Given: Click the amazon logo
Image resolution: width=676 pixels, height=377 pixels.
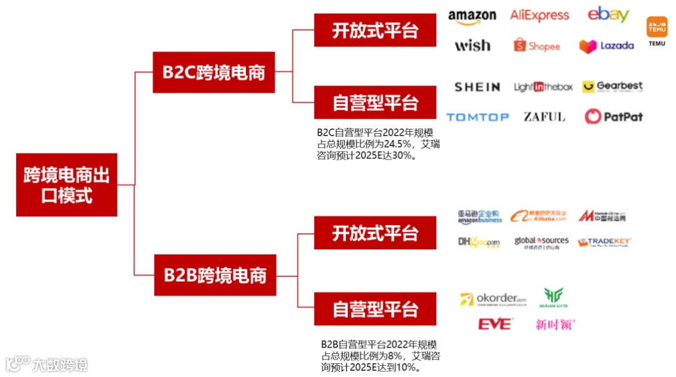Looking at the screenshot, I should pyautogui.click(x=472, y=17).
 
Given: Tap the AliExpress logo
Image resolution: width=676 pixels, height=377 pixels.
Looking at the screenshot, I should pyautogui.click(x=540, y=16).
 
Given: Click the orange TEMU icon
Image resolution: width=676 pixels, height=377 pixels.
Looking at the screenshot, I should pyautogui.click(x=657, y=28).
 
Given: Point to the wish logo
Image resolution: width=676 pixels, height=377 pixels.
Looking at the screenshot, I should pyautogui.click(x=473, y=46).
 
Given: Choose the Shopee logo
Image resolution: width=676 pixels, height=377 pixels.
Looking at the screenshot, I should pyautogui.click(x=536, y=46).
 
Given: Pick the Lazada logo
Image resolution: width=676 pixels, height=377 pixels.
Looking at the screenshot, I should pyautogui.click(x=606, y=46).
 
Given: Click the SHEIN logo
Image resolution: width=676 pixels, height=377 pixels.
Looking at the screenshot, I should pyautogui.click(x=477, y=87).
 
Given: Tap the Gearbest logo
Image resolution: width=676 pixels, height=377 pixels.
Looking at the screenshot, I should pyautogui.click(x=612, y=86).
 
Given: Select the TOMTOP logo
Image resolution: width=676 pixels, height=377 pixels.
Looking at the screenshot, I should pyautogui.click(x=477, y=117).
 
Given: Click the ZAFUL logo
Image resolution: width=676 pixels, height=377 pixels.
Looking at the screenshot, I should pyautogui.click(x=544, y=117).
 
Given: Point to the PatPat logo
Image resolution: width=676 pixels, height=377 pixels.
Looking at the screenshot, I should pyautogui.click(x=613, y=116).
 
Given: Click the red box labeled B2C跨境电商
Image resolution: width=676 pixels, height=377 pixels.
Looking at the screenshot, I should pyautogui.click(x=213, y=73).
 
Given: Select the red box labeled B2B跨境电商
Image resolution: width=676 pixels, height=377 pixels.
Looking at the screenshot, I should pyautogui.click(x=215, y=275).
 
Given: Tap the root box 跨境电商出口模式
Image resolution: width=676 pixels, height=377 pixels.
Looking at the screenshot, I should pyautogui.click(x=66, y=185).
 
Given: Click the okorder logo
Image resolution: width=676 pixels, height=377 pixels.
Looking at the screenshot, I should pyautogui.click(x=493, y=299).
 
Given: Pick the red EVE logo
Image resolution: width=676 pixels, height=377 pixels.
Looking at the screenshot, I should pyautogui.click(x=494, y=324).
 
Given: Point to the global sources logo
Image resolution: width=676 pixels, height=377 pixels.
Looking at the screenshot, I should pyautogui.click(x=541, y=243).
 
